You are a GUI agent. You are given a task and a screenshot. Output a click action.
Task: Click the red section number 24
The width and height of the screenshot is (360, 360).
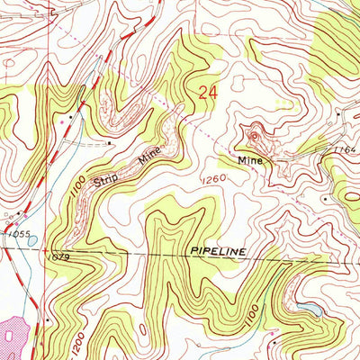pos(208,93)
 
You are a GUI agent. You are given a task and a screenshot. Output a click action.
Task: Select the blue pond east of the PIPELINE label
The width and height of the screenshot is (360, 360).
pos(308,310)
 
